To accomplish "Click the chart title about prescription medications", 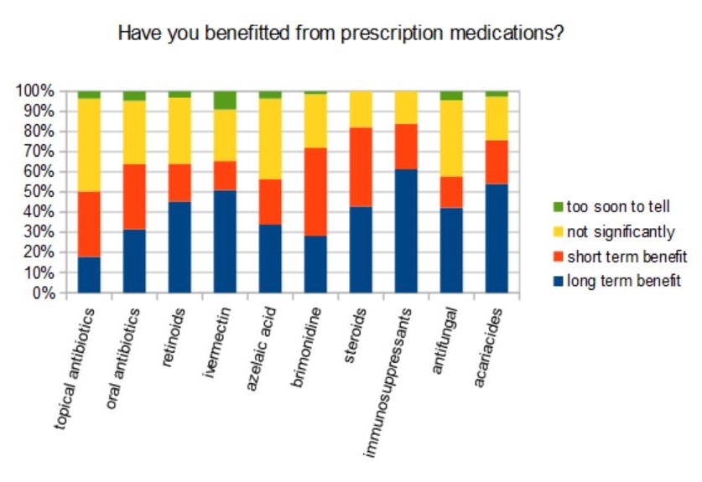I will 340,34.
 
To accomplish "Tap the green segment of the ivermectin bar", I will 226,100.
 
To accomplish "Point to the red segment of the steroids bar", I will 361,167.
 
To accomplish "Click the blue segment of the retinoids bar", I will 179,247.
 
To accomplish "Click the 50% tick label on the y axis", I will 39,192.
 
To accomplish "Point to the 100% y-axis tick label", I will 35,91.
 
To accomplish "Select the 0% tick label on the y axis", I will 42,293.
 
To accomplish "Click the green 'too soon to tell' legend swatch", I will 558,206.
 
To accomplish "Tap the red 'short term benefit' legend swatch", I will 558,256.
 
